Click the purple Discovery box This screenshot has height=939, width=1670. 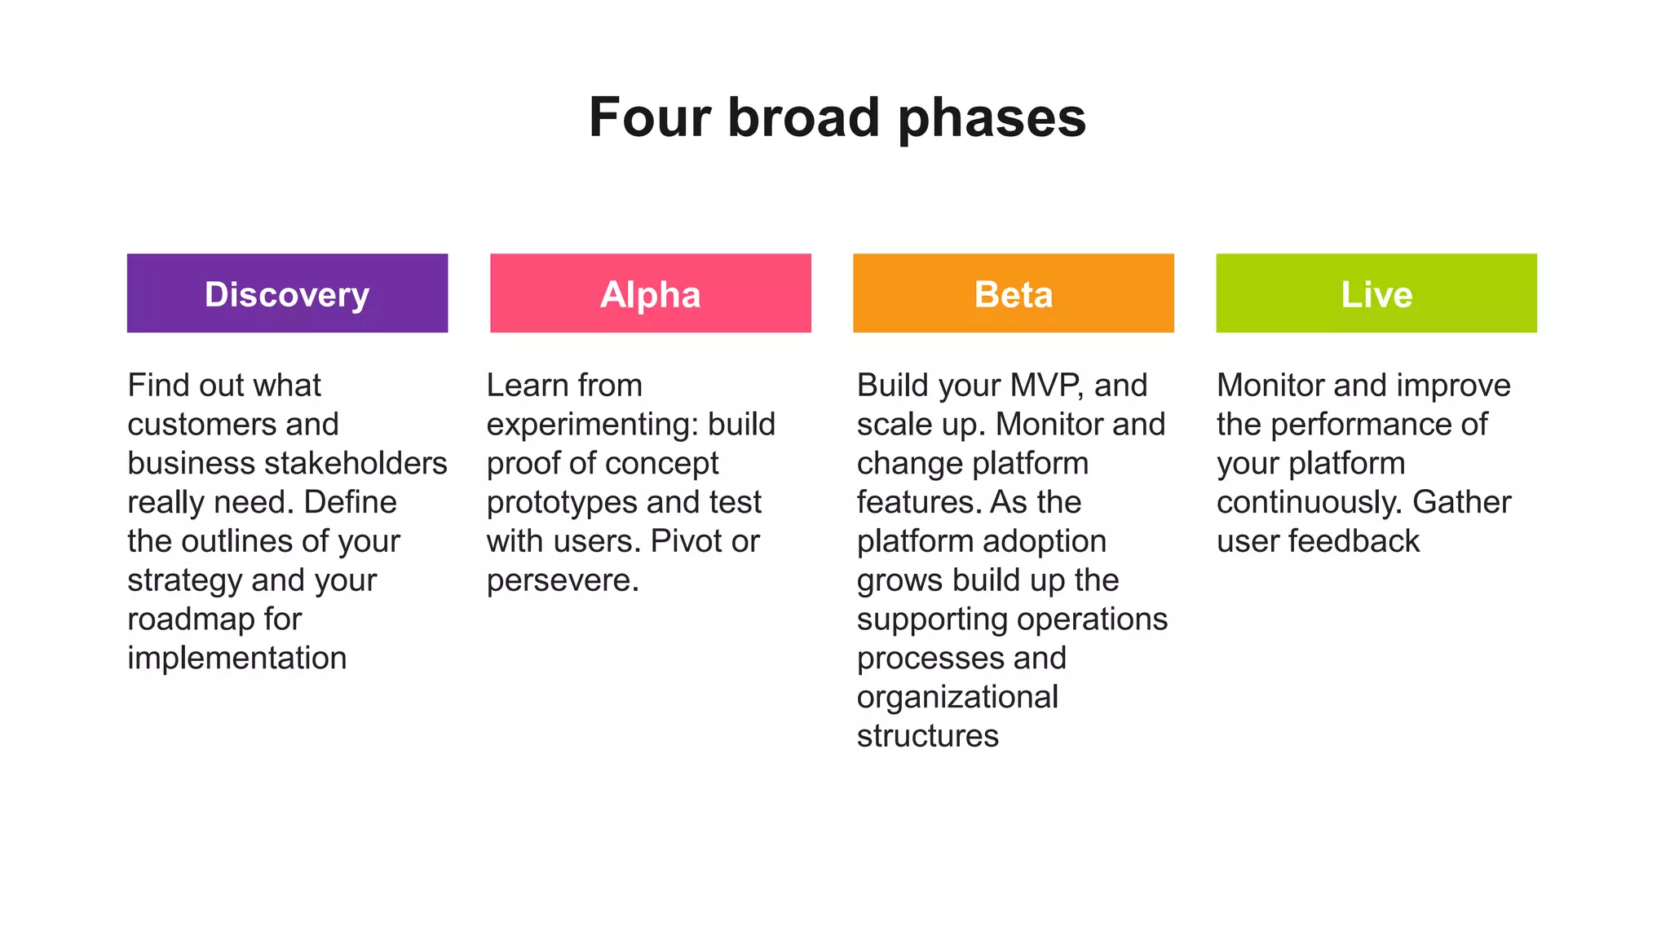pos(287,293)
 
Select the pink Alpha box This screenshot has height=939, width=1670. pos(650,293)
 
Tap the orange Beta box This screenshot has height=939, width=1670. pos(1013,293)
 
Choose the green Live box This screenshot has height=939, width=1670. pos(1376,293)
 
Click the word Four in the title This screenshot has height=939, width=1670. pos(650,117)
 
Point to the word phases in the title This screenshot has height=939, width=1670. pos(992,119)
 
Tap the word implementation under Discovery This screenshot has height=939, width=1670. pos(237,658)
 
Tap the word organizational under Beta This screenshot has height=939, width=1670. pos(957,698)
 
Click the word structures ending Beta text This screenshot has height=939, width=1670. pos(927,736)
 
